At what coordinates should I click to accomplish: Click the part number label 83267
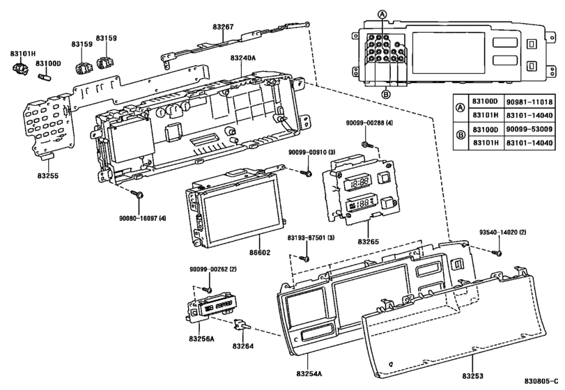coord(223,26)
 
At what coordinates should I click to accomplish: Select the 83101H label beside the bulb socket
coord(23,54)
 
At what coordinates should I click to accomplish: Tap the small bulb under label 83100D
coord(44,77)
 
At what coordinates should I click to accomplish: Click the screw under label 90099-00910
coord(307,173)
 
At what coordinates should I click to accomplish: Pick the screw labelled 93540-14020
coord(497,253)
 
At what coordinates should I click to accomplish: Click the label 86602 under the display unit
coord(259,252)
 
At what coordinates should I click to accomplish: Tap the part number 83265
coord(369,241)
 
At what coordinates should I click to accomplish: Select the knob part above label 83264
coord(241,324)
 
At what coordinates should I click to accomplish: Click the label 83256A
coord(201,338)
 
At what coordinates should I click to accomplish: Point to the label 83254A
coord(309,373)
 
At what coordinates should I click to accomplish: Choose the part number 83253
coord(472,376)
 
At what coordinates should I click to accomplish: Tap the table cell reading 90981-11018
coord(529,102)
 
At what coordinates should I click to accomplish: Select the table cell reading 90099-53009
coord(529,129)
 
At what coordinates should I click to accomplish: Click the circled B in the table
coord(460,135)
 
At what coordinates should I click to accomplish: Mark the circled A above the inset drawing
coord(382,14)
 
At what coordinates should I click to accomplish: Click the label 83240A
coord(243,58)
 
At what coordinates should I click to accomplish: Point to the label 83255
coord(47,175)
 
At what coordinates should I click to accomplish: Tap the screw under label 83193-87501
coord(305,258)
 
